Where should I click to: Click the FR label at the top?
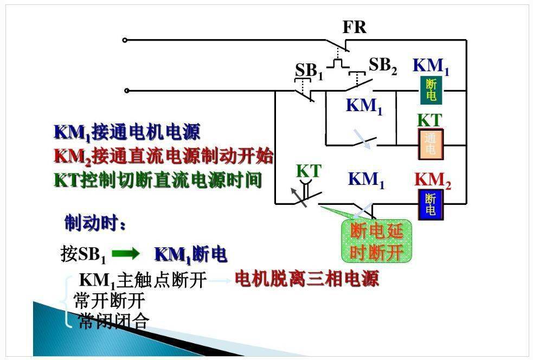pyautogui.click(x=354, y=27)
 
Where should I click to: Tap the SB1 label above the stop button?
pyautogui.click(x=309, y=71)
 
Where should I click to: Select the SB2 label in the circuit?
pyautogui.click(x=383, y=65)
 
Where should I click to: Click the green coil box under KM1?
pyautogui.click(x=431, y=90)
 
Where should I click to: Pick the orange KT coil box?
pyautogui.click(x=431, y=144)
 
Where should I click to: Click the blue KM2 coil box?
pyautogui.click(x=431, y=204)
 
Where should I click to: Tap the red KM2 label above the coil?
pyautogui.click(x=432, y=181)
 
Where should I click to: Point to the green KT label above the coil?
pyautogui.click(x=429, y=120)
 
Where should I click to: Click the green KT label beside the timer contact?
pyautogui.click(x=309, y=171)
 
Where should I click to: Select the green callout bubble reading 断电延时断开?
pyautogui.click(x=377, y=241)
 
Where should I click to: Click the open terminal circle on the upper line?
pyautogui.click(x=125, y=40)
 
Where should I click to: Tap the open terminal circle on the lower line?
pyautogui.click(x=126, y=91)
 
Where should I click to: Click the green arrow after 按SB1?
pyautogui.click(x=125, y=253)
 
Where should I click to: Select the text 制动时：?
pyautogui.click(x=95, y=223)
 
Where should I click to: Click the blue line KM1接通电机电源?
pyautogui.click(x=127, y=132)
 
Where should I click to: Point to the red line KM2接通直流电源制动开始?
pyautogui.click(x=164, y=156)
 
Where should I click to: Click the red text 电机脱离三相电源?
pyautogui.click(x=306, y=279)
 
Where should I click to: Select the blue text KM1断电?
pyautogui.click(x=191, y=254)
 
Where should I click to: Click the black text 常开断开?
pyautogui.click(x=110, y=300)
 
